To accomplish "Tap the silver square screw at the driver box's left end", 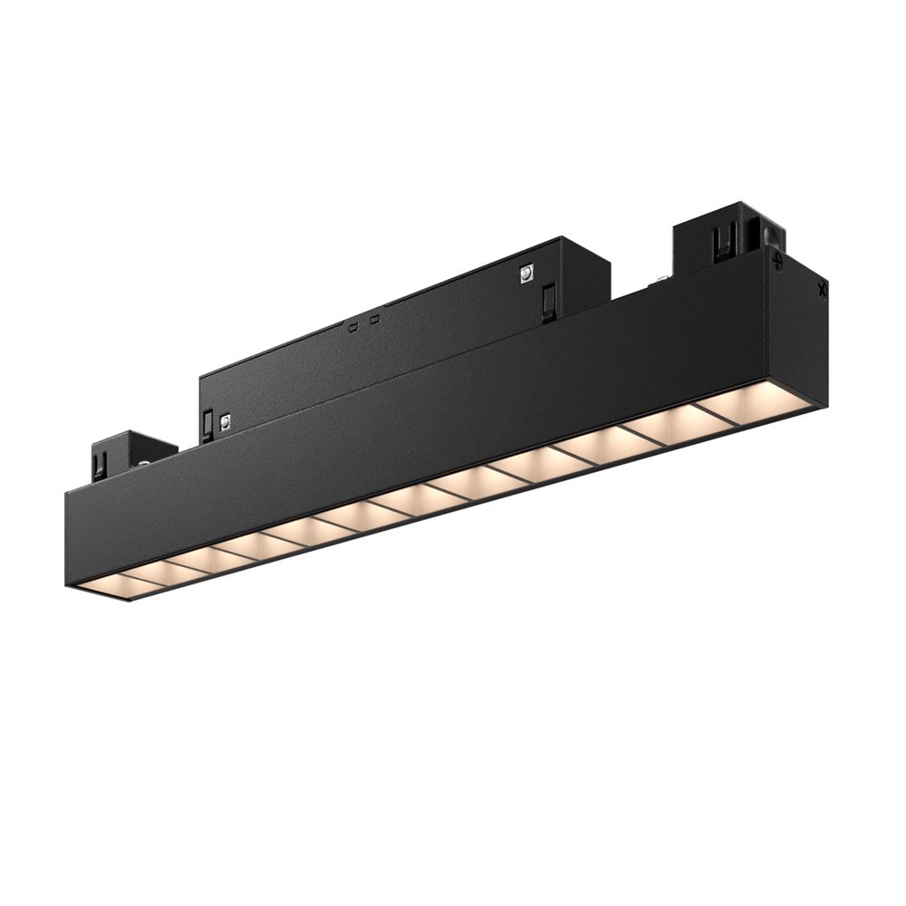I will pos(225,420).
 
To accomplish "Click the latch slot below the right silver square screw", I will pos(547,302).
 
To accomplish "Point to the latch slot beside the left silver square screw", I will pos(207,424).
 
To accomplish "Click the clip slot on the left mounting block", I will pos(100,465).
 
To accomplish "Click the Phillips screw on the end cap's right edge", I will pos(822,291).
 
